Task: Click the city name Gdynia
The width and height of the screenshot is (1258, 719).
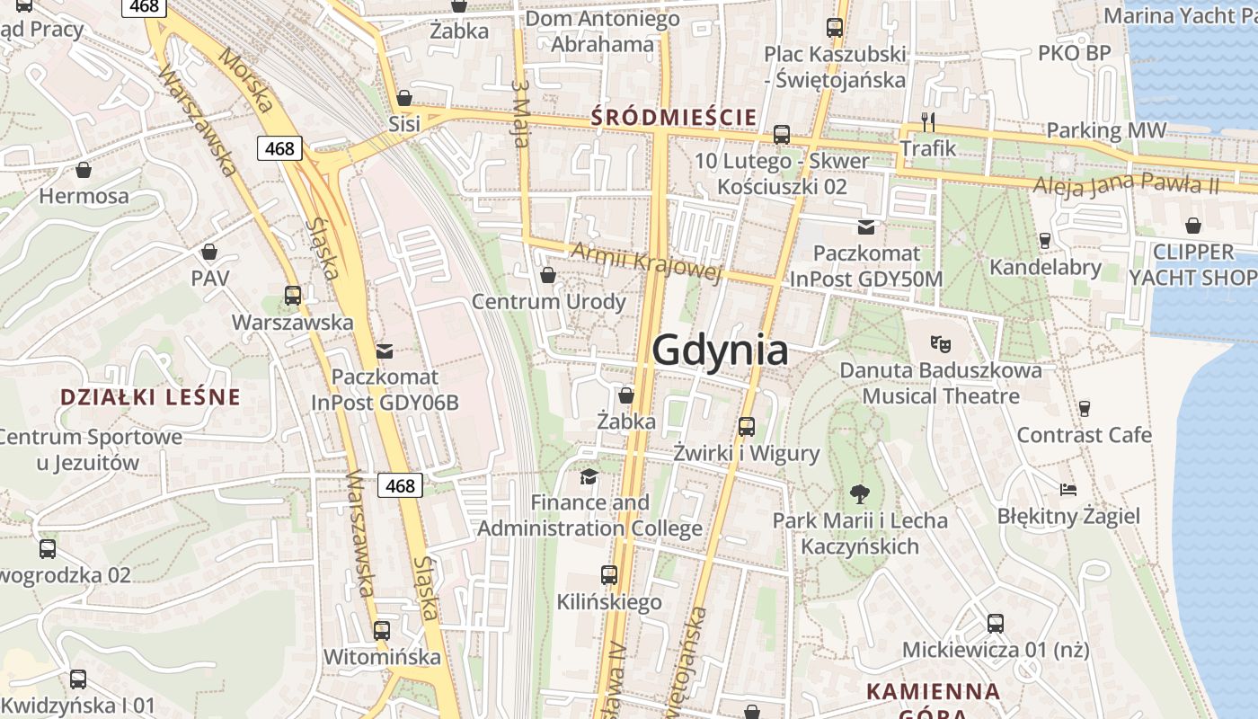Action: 720,350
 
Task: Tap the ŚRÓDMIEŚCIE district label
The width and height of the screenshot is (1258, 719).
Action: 674,117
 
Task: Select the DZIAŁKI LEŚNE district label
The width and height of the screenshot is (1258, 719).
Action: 150,396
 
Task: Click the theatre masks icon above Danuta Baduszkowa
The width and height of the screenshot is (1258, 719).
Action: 941,342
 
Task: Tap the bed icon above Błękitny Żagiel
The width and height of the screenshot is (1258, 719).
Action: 1068,490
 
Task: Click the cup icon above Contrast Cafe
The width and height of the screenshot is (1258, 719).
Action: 1085,408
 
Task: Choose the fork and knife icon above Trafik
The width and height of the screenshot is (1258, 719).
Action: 928,121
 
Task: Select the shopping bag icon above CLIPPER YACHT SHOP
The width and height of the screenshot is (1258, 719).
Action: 1193,225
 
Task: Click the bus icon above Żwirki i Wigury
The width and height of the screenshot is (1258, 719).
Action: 746,427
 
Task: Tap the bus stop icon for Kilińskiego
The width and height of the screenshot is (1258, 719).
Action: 609,574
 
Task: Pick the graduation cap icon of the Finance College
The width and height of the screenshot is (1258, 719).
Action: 589,475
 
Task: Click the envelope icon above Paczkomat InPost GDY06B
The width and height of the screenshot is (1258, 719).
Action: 385,351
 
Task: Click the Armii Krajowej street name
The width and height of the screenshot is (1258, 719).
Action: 645,261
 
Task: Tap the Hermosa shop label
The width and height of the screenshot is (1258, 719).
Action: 84,196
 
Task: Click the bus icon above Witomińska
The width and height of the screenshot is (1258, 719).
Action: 382,630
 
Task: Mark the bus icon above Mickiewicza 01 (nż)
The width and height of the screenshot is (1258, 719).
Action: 995,623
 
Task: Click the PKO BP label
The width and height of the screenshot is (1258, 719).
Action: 1075,53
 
